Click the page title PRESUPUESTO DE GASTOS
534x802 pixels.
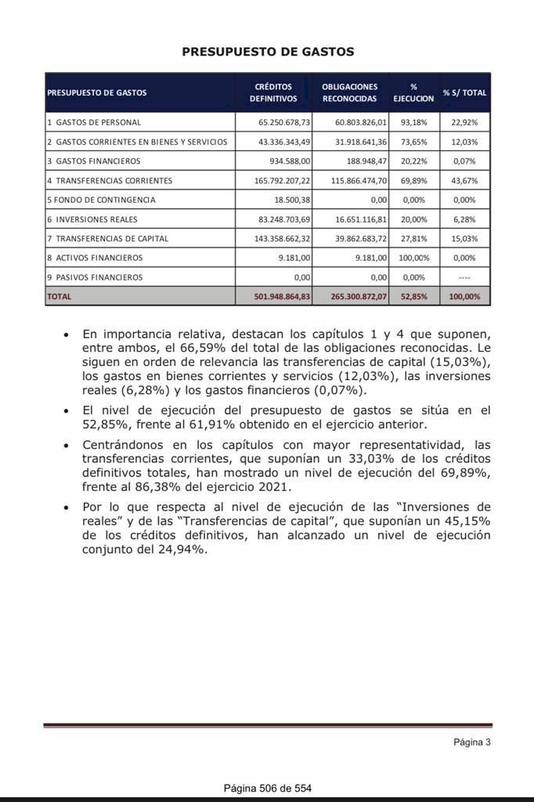pyautogui.click(x=268, y=52)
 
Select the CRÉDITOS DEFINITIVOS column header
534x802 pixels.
pyautogui.click(x=273, y=92)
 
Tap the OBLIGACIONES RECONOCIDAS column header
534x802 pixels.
pyautogui.click(x=349, y=92)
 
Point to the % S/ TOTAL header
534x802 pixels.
pyautogui.click(x=464, y=92)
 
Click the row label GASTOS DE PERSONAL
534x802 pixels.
pyautogui.click(x=98, y=123)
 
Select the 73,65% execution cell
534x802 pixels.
pyautogui.click(x=413, y=142)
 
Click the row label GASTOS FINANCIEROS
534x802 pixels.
pyautogui.click(x=98, y=161)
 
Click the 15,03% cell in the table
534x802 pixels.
pyautogui.click(x=464, y=238)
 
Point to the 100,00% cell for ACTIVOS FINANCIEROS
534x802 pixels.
pyautogui.click(x=413, y=258)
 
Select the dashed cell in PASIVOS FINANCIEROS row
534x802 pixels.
pyautogui.click(x=464, y=277)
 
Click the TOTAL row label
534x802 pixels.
pyautogui.click(x=60, y=297)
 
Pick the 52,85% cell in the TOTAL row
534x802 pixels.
pyautogui.click(x=413, y=297)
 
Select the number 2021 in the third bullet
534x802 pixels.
pyautogui.click(x=275, y=487)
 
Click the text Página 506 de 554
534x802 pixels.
pyautogui.click(x=267, y=788)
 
